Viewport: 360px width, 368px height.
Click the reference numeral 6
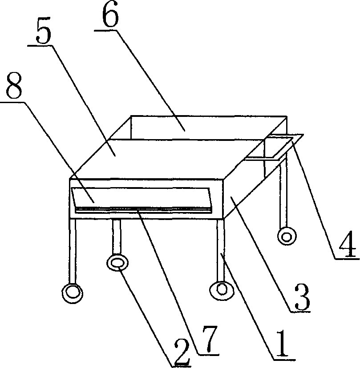point(110,16)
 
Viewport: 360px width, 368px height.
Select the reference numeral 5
point(44,31)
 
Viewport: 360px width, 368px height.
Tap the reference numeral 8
point(14,85)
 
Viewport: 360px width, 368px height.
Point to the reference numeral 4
point(349,244)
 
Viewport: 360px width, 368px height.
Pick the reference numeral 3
point(303,296)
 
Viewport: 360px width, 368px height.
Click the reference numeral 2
point(182,352)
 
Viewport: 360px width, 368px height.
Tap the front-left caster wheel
point(73,293)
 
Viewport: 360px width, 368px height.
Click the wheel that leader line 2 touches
point(117,263)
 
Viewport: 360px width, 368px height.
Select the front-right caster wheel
point(222,291)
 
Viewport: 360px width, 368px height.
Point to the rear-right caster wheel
point(287,236)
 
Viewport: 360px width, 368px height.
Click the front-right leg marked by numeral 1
point(221,250)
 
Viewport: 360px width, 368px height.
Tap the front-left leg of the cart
point(73,252)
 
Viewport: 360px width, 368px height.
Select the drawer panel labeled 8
point(142,198)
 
